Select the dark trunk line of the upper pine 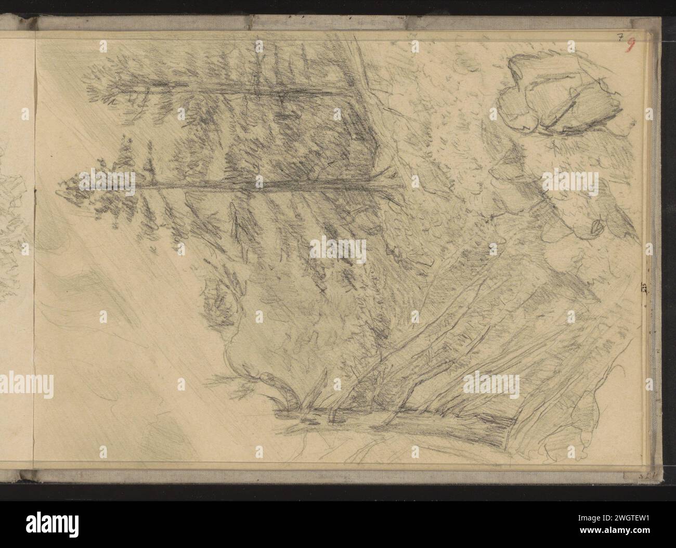234,90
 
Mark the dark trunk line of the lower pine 260,185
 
